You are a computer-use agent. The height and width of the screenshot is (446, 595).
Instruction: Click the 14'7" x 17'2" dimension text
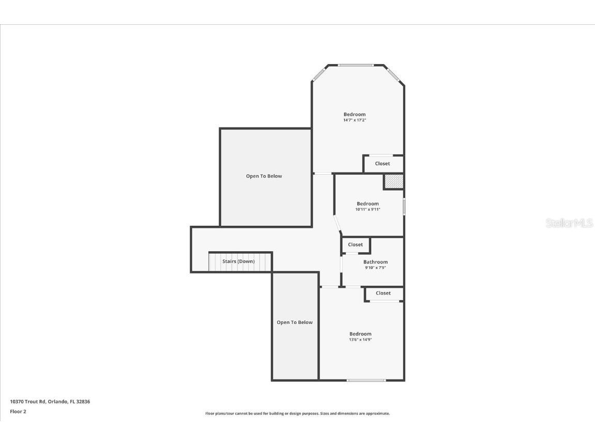pyautogui.click(x=355, y=120)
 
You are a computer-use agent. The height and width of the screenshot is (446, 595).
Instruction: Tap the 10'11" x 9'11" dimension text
pyautogui.click(x=368, y=209)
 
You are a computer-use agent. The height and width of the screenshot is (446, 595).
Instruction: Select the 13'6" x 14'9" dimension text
pyautogui.click(x=360, y=340)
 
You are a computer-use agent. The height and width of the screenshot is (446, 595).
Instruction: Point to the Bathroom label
pyautogui.click(x=375, y=262)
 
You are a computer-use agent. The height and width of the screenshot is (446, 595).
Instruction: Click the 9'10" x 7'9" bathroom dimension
pyautogui.click(x=375, y=268)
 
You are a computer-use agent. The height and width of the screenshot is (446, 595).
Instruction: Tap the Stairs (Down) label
pyautogui.click(x=238, y=262)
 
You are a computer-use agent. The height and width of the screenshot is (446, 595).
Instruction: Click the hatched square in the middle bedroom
pyautogui.click(x=393, y=182)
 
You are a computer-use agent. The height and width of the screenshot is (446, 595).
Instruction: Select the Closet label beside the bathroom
pyautogui.click(x=355, y=244)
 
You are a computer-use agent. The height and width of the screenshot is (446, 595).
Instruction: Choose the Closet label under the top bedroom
pyautogui.click(x=383, y=164)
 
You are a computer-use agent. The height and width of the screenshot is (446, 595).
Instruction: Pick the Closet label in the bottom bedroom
pyautogui.click(x=383, y=293)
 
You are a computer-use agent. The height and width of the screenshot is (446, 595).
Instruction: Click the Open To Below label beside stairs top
pyautogui.click(x=264, y=176)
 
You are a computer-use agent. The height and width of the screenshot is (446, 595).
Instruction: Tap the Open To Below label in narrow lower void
pyautogui.click(x=295, y=322)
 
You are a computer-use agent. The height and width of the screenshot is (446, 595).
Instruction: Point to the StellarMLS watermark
pyautogui.click(x=569, y=223)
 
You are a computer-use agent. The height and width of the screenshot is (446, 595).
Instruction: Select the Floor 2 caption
pyautogui.click(x=18, y=411)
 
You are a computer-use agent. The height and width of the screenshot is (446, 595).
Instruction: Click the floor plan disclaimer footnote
pyautogui.click(x=297, y=413)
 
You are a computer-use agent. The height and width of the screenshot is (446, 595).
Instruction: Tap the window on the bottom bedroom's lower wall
pyautogui.click(x=366, y=380)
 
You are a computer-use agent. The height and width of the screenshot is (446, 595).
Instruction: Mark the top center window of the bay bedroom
pyautogui.click(x=356, y=65)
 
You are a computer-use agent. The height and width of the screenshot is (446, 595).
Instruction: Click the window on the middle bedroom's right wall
pyautogui.click(x=404, y=206)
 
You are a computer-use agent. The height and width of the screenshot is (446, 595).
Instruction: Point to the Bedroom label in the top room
pyautogui.click(x=355, y=114)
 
